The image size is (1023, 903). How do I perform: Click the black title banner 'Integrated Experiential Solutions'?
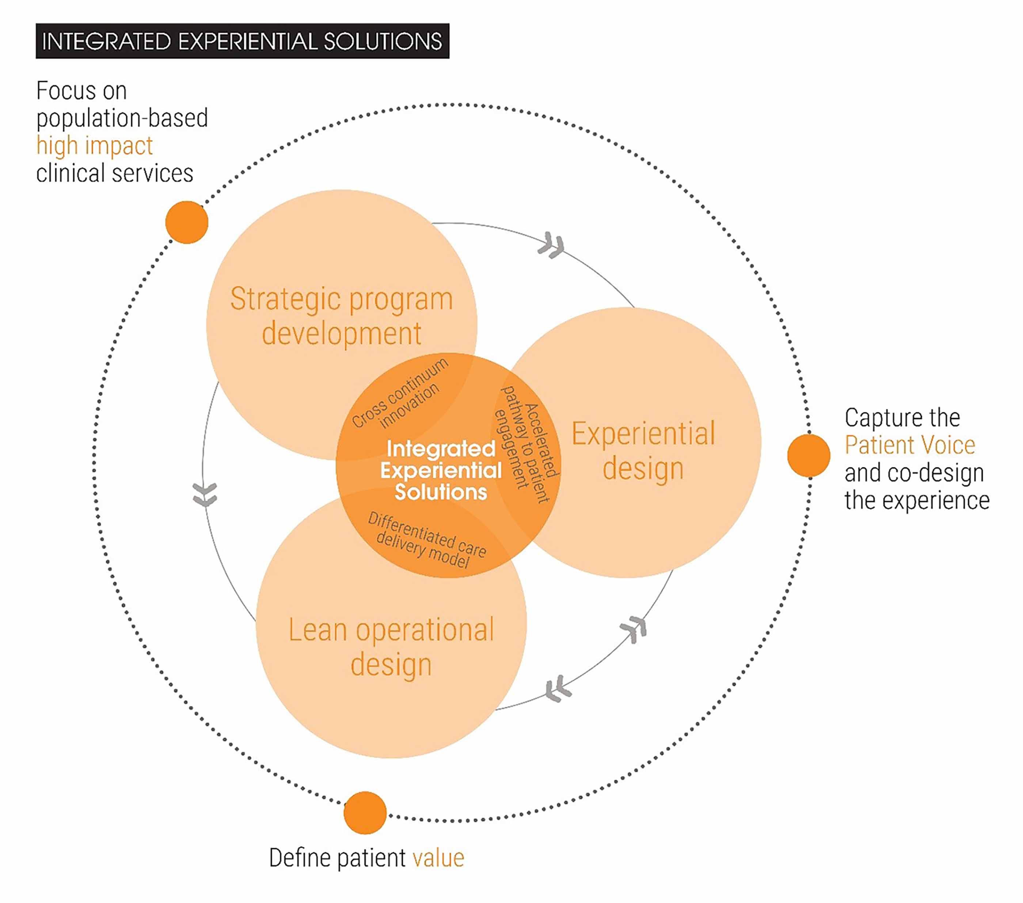242,41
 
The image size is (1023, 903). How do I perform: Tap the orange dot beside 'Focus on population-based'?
187,222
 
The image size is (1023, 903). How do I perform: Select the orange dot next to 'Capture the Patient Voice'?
808,455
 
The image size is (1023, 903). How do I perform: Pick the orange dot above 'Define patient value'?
365,813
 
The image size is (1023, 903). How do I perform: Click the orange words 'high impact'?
95,146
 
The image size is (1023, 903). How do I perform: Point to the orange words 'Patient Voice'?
910,445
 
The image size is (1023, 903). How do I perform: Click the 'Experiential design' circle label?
643,451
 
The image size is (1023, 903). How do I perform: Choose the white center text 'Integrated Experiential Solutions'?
440,470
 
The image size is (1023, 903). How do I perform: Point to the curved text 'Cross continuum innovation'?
400,395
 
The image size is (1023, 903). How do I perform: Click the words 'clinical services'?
115,173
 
